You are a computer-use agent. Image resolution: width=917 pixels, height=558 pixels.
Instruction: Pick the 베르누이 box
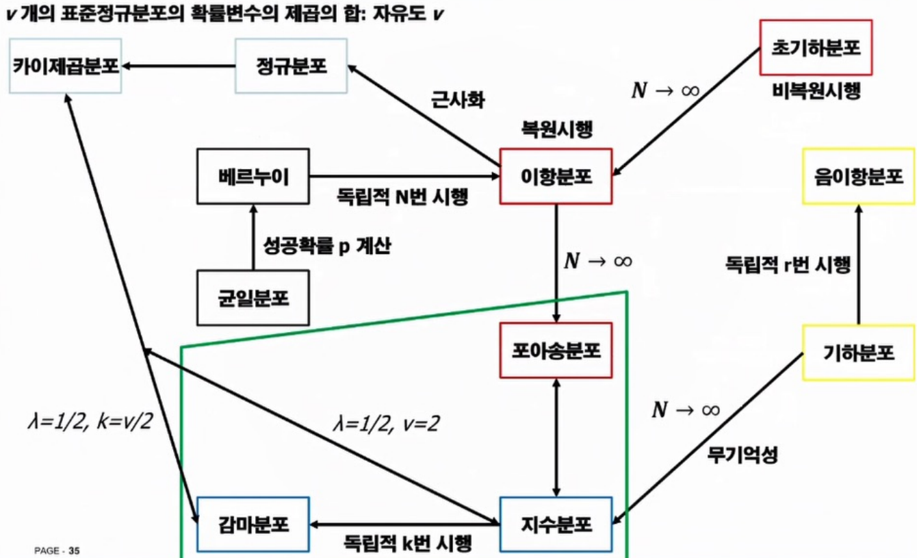(x=253, y=176)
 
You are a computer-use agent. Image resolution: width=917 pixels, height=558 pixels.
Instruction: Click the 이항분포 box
(x=556, y=176)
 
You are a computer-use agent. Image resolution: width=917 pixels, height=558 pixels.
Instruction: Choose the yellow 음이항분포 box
(x=858, y=176)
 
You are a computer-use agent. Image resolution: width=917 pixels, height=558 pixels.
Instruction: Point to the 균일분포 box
(x=253, y=298)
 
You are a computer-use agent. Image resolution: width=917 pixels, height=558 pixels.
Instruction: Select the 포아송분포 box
(x=556, y=351)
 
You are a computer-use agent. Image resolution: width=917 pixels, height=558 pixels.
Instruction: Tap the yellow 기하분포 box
(x=858, y=352)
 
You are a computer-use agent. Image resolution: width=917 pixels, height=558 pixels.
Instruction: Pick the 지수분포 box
(x=556, y=525)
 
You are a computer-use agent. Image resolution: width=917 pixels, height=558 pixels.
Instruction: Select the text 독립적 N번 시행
(x=402, y=196)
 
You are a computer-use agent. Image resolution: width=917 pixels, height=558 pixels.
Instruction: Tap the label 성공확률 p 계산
(x=327, y=245)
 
